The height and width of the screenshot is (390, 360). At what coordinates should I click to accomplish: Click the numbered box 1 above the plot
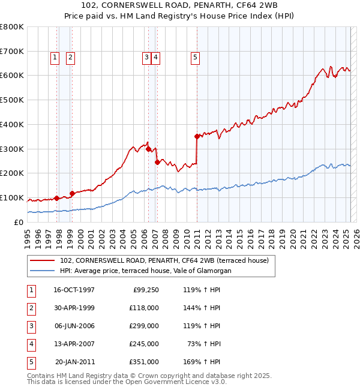[x=55, y=58]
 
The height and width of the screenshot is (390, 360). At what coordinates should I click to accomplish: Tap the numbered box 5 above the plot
[x=196, y=58]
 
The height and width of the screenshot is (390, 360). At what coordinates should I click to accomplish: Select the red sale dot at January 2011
[x=197, y=136]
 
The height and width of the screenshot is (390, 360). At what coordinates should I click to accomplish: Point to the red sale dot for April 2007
[x=157, y=161]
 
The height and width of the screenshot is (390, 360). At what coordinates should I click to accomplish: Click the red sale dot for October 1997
[x=56, y=197]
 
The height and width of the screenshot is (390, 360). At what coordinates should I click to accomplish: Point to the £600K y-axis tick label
[x=12, y=76]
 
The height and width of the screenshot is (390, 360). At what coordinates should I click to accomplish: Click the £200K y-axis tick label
[x=12, y=173]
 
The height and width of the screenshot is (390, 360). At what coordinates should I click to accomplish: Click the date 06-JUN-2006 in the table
[x=74, y=326]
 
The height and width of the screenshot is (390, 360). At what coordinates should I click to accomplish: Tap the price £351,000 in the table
[x=144, y=362]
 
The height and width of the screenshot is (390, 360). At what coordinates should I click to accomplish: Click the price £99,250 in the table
[x=146, y=290]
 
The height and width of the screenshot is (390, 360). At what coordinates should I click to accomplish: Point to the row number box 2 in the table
[x=31, y=308]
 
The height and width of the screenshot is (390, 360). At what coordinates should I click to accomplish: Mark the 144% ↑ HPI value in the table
[x=200, y=308]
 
